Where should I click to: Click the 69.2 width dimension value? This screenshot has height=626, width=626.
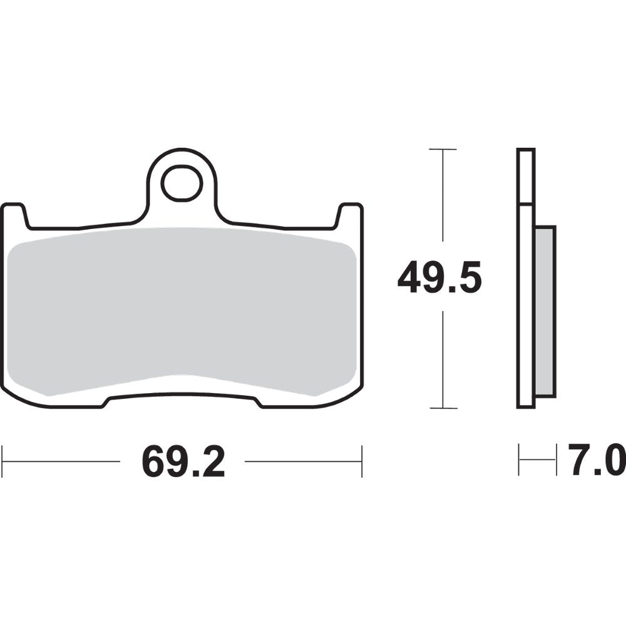coord(183,463)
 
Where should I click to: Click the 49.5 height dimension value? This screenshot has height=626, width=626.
coord(440,279)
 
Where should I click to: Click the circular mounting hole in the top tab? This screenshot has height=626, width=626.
coord(182,183)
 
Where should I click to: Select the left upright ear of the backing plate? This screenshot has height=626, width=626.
coord(15,216)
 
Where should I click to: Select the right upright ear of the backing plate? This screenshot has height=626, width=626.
coord(350,216)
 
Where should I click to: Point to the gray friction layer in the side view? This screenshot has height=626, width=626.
coord(545,311)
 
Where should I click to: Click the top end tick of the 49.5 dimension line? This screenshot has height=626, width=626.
coord(443,150)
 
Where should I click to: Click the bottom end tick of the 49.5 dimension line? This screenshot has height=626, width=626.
coord(443,408)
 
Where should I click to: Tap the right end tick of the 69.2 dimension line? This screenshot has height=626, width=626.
coord(362,461)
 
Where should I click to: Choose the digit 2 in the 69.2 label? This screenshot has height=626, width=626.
coord(211,463)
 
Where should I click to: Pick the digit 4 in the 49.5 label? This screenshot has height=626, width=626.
coord(409,279)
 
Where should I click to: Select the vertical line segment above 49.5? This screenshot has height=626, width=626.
coord(443,194)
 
